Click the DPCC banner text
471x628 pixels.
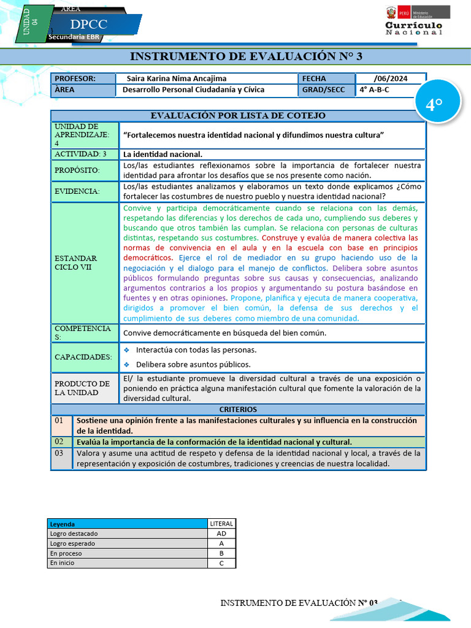[89, 25]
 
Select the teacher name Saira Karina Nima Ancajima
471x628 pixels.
[176, 78]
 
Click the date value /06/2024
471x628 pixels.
[389, 78]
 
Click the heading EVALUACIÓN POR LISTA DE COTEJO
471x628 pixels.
[238, 115]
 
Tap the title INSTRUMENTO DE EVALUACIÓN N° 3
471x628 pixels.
[246, 56]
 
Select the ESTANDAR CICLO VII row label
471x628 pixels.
[76, 262]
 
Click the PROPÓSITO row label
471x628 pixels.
[77, 170]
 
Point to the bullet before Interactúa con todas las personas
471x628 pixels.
[127, 350]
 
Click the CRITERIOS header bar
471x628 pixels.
[238, 409]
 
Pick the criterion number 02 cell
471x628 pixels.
[59, 442]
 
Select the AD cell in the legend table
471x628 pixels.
[221, 534]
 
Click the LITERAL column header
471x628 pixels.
[221, 524]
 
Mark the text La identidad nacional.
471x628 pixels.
[163, 154]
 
